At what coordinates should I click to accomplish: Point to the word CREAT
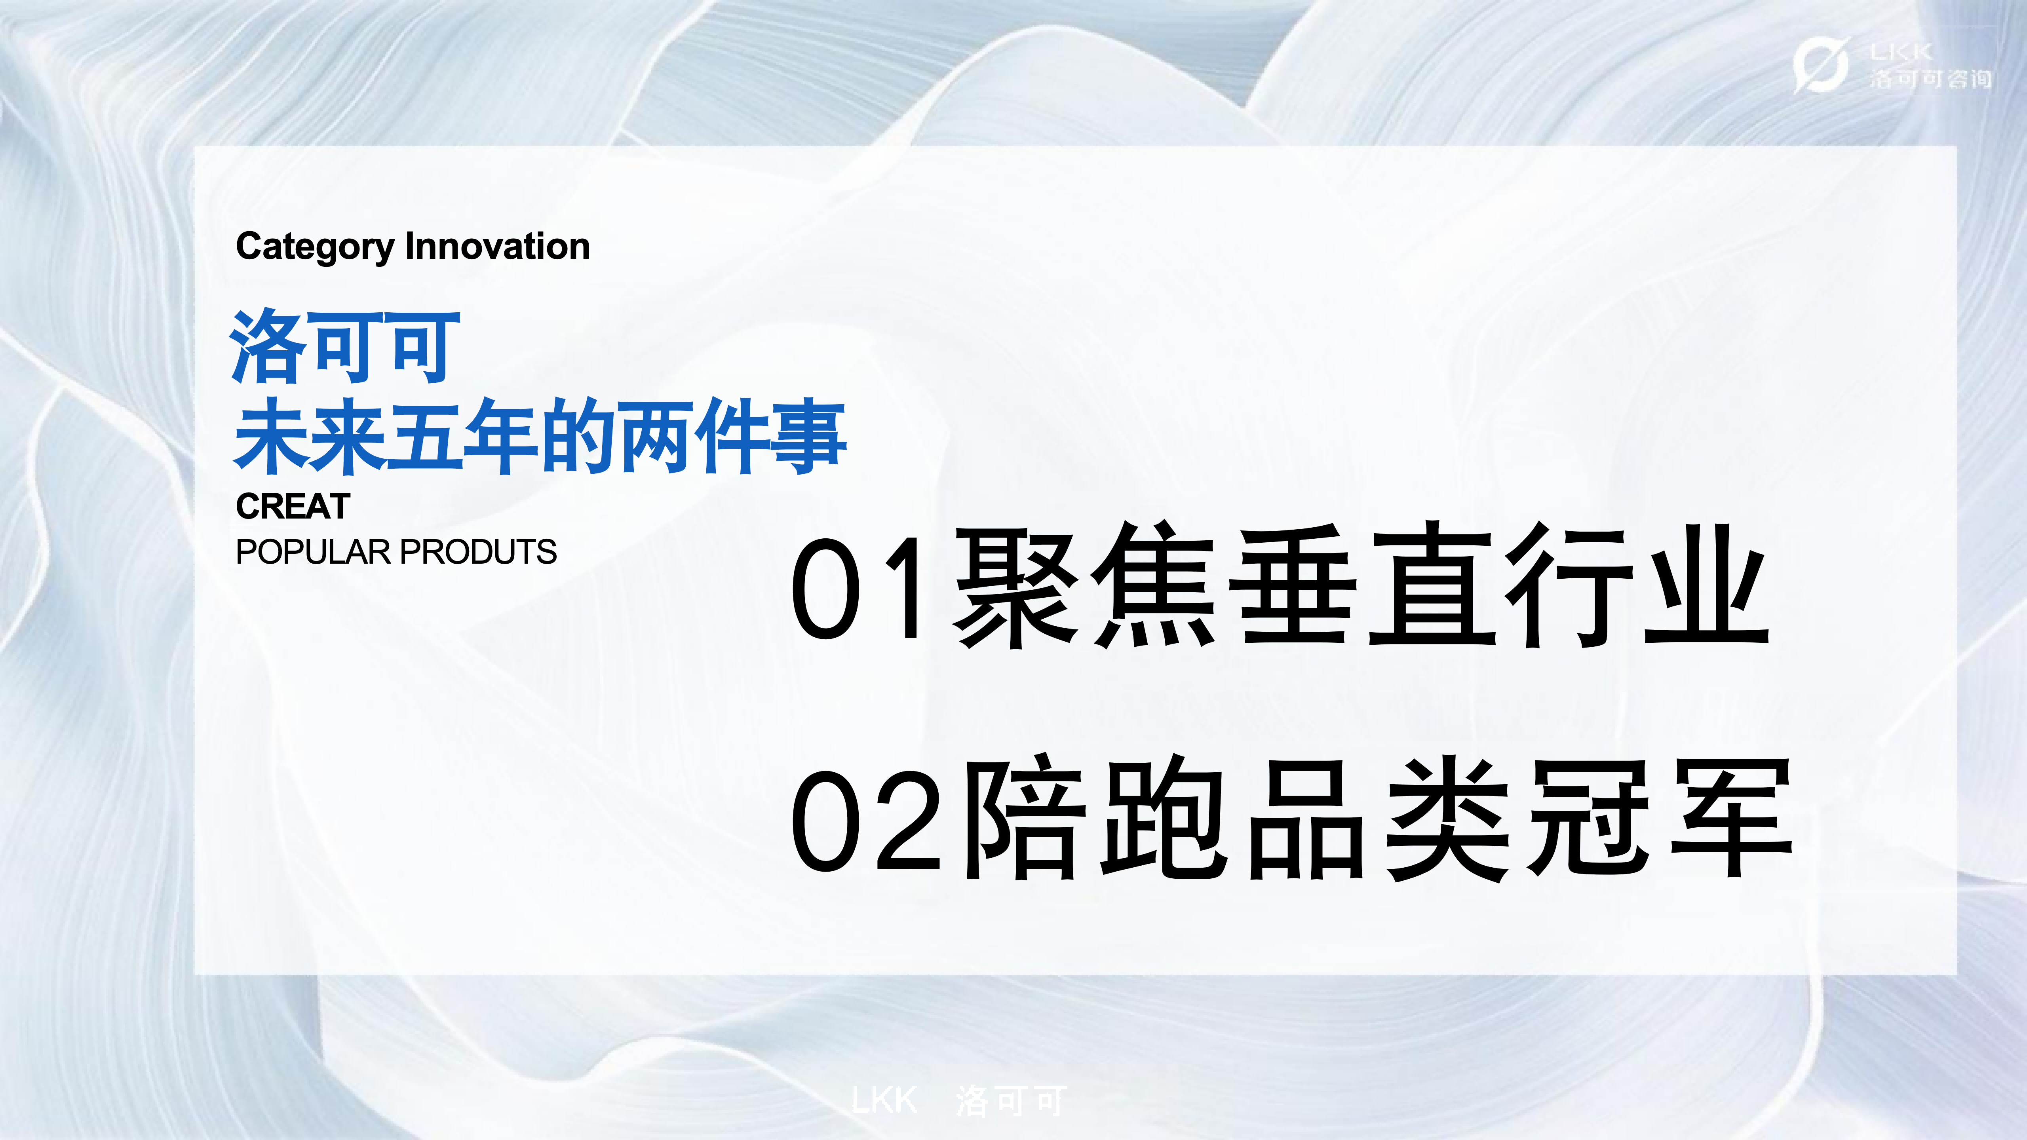click(x=293, y=507)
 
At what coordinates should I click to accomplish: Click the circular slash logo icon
click(x=1820, y=65)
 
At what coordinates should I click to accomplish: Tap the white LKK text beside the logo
click(x=1900, y=52)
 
